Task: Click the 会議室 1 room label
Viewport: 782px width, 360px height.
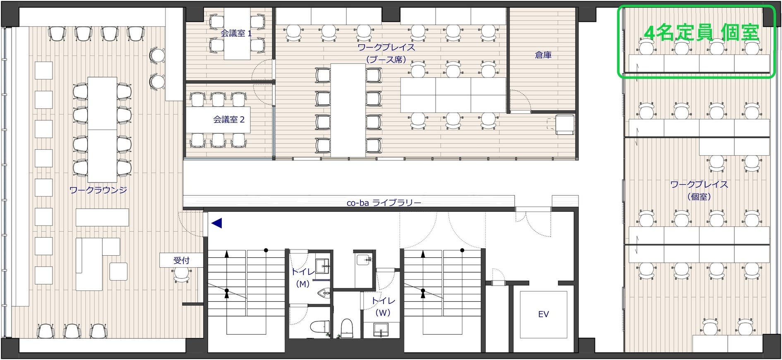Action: [236, 34]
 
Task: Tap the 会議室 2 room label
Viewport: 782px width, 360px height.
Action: [229, 120]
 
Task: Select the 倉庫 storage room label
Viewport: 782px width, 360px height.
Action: [543, 55]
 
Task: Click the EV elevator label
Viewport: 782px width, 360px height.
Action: [543, 314]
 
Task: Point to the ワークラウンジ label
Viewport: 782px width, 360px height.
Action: [98, 190]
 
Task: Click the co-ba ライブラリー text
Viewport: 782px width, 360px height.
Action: [384, 203]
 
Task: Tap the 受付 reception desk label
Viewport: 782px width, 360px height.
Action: [181, 260]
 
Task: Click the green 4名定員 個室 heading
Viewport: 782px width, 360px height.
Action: [702, 33]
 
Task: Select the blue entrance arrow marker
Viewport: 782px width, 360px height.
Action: [217, 223]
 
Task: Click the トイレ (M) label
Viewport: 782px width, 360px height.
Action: [303, 278]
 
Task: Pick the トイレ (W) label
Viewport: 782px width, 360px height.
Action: [383, 307]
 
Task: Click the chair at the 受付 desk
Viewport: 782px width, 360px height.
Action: [181, 274]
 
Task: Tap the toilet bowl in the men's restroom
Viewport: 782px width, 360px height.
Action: [320, 326]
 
